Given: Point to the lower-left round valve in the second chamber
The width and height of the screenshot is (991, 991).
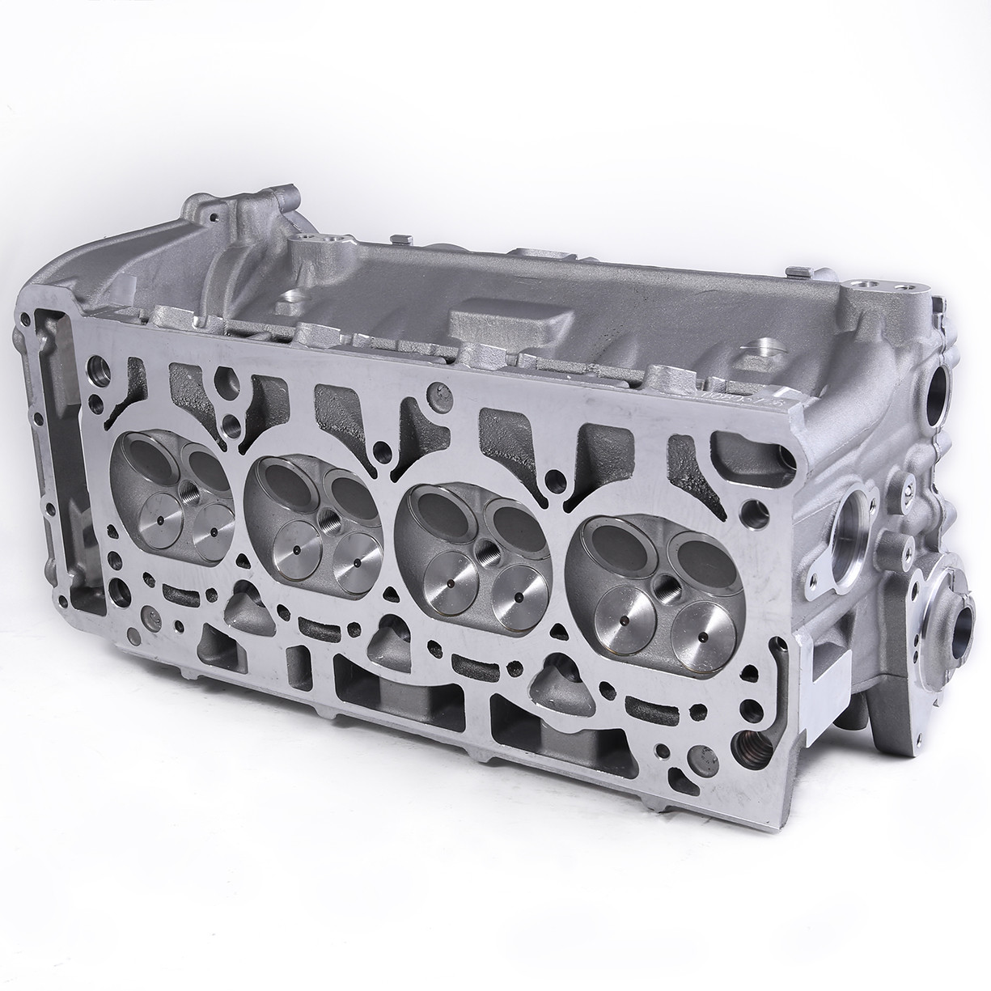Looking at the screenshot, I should click(298, 550).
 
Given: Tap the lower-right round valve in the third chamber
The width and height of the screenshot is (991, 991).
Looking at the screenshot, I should click(517, 598).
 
